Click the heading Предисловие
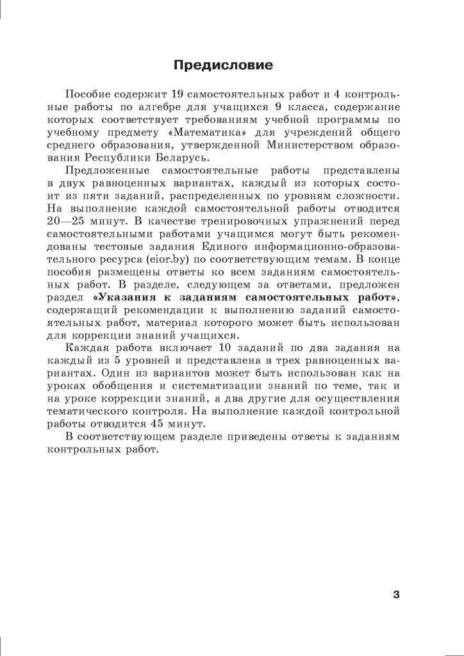coord(224,65)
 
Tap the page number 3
coord(396,594)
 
